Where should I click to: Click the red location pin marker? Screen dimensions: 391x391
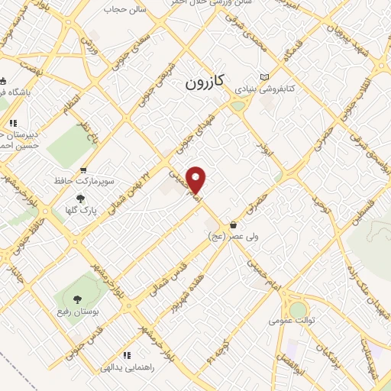(196, 180)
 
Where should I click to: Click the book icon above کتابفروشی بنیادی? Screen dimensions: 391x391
(264, 77)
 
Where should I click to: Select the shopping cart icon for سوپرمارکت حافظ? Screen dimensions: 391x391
(83, 170)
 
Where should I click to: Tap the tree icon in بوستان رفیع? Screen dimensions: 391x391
(76, 299)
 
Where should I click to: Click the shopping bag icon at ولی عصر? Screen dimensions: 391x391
(232, 225)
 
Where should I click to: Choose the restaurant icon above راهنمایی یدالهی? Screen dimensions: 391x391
(127, 355)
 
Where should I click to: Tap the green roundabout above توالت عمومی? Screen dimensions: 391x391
(298, 309)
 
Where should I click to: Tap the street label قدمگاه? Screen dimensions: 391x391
(292, 52)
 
